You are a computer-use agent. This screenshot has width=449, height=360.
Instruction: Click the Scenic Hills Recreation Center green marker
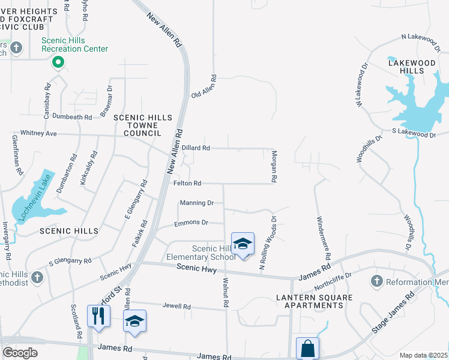(58, 61)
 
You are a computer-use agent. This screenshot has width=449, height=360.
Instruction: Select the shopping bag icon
(307, 349)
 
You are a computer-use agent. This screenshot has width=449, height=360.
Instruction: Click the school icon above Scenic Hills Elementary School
(243, 244)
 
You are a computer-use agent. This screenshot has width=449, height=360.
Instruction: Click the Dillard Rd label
(196, 148)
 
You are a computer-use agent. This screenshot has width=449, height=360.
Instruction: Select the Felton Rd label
(187, 183)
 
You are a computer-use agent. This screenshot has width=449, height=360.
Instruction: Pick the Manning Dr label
(196, 203)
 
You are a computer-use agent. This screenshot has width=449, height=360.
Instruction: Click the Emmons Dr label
(190, 223)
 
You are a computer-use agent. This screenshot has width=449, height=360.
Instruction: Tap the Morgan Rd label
(273, 170)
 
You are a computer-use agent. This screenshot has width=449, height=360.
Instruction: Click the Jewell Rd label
(176, 306)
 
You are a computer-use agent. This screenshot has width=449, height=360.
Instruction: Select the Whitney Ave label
(38, 133)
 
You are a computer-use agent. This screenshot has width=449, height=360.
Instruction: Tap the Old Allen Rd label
(203, 88)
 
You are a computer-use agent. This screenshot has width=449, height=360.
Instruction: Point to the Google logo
(20, 353)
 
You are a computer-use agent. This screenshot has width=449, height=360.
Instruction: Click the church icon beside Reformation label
(377, 281)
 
